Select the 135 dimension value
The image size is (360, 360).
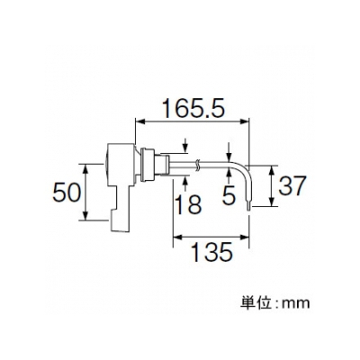[211, 252]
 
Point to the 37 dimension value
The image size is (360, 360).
[292, 185]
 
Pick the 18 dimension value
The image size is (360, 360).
[188, 204]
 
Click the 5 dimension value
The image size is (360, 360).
[229, 196]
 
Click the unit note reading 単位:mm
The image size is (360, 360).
[274, 303]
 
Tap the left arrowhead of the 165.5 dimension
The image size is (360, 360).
[140, 121]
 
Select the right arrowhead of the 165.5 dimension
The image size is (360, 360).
[245, 121]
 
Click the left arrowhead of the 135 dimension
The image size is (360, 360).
[178, 238]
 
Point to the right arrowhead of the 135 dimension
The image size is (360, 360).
[244, 238]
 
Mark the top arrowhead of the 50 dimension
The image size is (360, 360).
[85, 169]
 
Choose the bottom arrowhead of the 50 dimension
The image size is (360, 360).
[85, 215]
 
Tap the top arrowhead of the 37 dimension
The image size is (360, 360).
[272, 170]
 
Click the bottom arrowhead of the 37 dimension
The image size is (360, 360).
[272, 201]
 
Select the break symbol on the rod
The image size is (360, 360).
[197, 166]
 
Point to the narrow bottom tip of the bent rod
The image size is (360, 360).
[248, 206]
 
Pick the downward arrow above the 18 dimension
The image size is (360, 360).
[185, 146]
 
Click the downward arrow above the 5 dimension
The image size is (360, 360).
[229, 152]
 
